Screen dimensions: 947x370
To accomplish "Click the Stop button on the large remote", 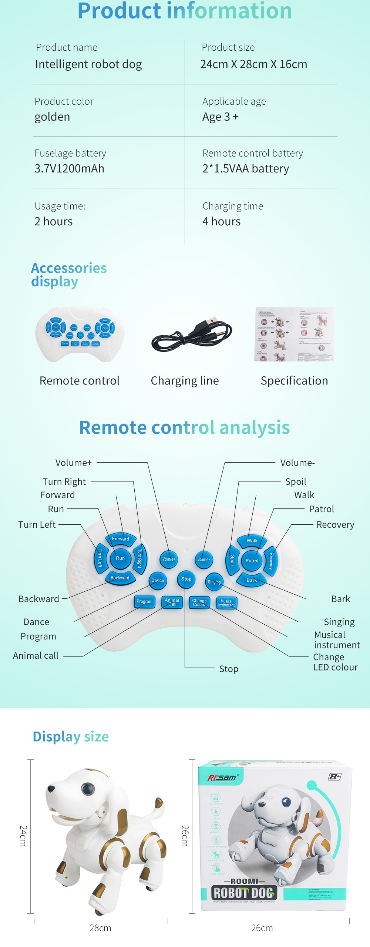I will (186, 579).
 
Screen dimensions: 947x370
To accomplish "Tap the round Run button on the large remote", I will (120, 558).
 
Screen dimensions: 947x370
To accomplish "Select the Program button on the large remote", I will (144, 601).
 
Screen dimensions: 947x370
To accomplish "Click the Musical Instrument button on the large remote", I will (226, 603).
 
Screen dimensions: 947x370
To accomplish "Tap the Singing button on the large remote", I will (214, 582).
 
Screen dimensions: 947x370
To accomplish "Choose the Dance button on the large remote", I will (158, 581).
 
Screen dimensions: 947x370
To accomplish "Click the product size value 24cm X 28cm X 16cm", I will (253, 64).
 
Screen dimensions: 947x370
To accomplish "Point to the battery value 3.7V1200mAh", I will (69, 169).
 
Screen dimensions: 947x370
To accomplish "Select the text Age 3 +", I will (221, 117).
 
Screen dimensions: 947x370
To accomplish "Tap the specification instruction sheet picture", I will (294, 334).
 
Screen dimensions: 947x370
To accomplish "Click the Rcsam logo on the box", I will (222, 777).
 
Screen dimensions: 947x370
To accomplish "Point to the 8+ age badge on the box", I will (334, 776).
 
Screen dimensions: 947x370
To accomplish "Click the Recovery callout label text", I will (335, 525).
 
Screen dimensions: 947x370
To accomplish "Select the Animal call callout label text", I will (36, 656).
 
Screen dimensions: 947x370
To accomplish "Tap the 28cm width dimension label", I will (100, 928).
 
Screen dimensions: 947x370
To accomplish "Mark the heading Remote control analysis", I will (185, 428).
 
